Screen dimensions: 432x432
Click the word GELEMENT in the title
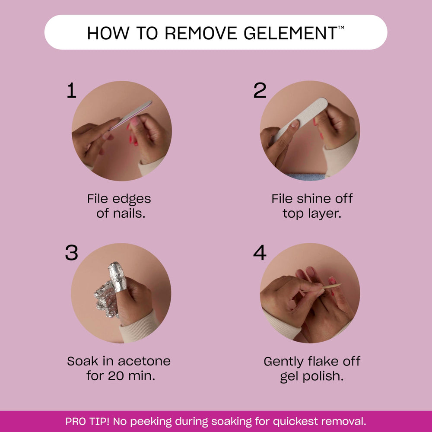pos(290,33)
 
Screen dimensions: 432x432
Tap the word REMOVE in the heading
pos(201,33)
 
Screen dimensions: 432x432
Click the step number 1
pos(71,90)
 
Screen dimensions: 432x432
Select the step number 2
pos(260,90)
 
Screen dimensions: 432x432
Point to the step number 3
pos(72,253)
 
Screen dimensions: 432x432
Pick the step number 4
pos(260,253)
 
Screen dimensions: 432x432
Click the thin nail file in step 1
pos(130,115)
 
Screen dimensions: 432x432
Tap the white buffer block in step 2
pos(300,119)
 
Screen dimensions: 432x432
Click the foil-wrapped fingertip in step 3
pos(118,276)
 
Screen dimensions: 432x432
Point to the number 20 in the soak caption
pos(116,376)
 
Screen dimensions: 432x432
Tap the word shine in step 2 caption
pos(312,199)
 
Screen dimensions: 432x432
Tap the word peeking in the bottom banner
pos(151,422)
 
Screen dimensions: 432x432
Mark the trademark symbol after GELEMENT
pos(341,28)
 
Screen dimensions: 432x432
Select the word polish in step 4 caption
pos(323,376)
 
